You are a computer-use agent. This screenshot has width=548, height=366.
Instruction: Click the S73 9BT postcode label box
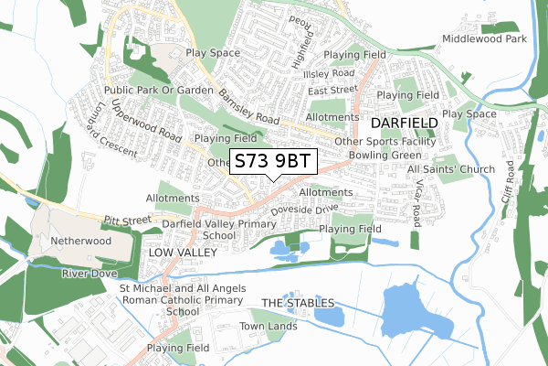tap(272, 161)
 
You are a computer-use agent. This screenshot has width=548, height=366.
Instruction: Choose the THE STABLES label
tap(298, 303)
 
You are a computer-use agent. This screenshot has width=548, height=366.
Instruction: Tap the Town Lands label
tap(269, 326)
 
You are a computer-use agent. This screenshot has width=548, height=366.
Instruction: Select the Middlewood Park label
tap(485, 39)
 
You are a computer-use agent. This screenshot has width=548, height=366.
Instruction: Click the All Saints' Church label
tap(451, 169)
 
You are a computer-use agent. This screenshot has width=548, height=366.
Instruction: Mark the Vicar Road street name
tap(416, 201)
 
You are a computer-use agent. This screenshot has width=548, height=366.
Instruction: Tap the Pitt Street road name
tap(127, 221)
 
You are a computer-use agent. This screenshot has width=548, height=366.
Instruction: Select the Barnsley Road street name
tap(248, 106)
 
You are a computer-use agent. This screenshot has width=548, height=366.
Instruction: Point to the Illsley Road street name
tap(331, 73)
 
